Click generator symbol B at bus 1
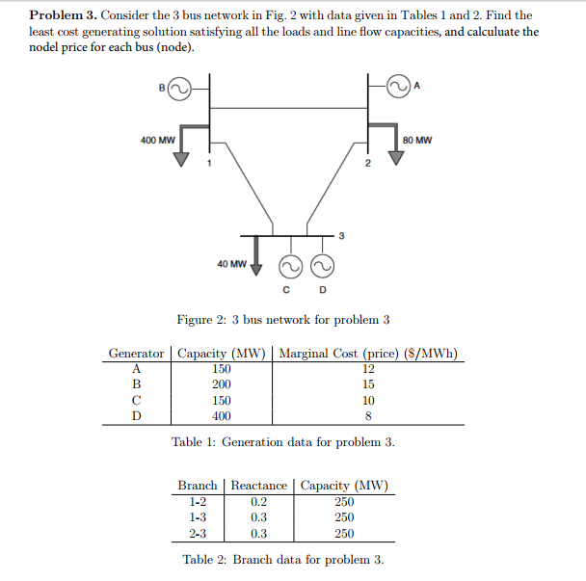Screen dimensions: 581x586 179,90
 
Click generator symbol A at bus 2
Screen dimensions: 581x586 398,90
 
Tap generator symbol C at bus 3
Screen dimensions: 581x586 288,267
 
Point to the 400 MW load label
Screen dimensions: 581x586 157,140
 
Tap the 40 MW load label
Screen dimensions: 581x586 230,262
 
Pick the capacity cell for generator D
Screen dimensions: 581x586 221,416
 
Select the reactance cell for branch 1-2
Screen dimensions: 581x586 258,502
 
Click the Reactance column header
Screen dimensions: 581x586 258,486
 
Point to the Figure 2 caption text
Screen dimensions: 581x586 283,320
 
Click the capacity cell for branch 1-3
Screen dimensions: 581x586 344,517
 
